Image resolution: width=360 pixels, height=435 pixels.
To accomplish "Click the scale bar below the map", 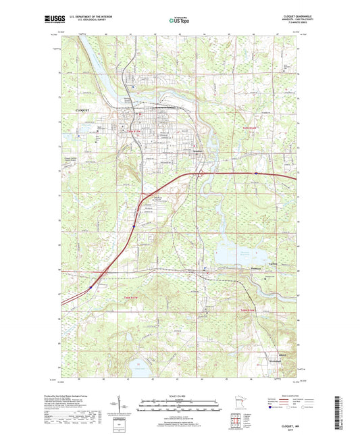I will pyautogui.click(x=180, y=407).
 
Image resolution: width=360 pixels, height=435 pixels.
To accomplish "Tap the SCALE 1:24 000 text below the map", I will pyautogui.click(x=180, y=396).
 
